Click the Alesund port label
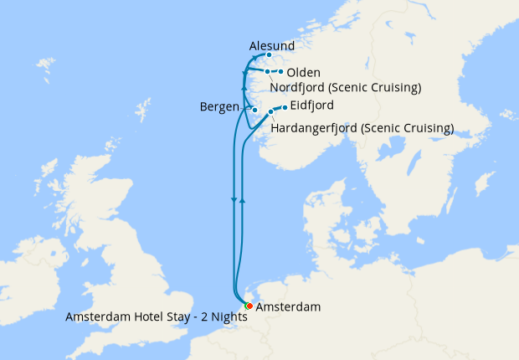coord(271,45)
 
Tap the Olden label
coord(304,73)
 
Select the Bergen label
coord(218,107)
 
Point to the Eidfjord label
coord(312,105)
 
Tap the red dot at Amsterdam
coord(249,306)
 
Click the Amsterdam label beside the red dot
coord(287,308)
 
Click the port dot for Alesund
coord(269,55)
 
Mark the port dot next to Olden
coord(280,72)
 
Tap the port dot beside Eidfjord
coord(284,107)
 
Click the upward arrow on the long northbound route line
coord(241,201)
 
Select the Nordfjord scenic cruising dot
coord(267,71)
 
